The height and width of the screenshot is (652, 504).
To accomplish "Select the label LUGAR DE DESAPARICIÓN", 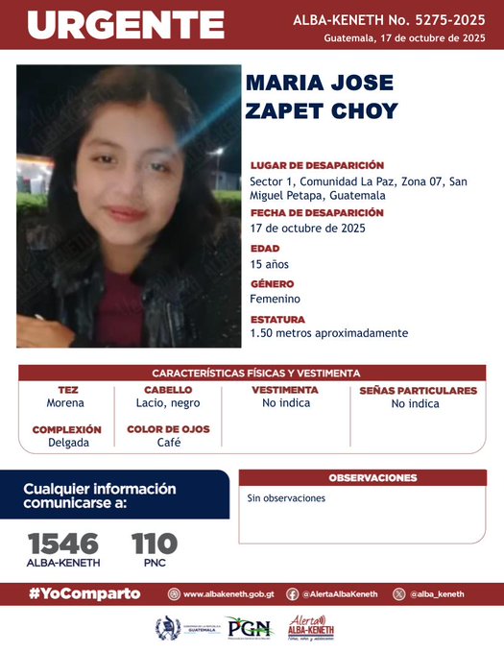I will pyautogui.click(x=317, y=165).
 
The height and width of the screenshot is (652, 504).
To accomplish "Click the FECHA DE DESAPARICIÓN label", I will pyautogui.click(x=317, y=212).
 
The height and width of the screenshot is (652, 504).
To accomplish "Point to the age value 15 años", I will pyautogui.click(x=269, y=264).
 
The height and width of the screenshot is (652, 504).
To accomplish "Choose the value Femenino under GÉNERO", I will pyautogui.click(x=275, y=299).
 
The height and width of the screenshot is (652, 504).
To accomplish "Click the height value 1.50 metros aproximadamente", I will pyautogui.click(x=328, y=333).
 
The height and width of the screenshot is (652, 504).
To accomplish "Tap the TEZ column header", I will pyautogui.click(x=67, y=390).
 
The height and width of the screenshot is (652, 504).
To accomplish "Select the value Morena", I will pyautogui.click(x=66, y=403).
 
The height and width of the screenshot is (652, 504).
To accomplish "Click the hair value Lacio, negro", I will pyautogui.click(x=168, y=403).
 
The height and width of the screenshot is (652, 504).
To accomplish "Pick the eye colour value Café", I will pyautogui.click(x=169, y=443).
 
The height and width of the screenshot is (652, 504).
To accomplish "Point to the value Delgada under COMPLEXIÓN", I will pyautogui.click(x=66, y=443).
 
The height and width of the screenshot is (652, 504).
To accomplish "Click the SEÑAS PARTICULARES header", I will pyautogui.click(x=417, y=390).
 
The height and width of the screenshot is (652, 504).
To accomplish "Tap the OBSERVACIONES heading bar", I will pyautogui.click(x=372, y=477).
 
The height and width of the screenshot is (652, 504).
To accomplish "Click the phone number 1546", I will pyautogui.click(x=63, y=543).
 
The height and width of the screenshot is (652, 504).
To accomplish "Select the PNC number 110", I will pyautogui.click(x=154, y=543).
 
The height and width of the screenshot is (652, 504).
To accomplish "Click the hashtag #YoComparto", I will pyautogui.click(x=84, y=593).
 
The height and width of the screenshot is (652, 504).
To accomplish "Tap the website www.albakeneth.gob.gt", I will pyautogui.click(x=226, y=594).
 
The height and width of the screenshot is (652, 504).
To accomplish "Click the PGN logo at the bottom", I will pyautogui.click(x=250, y=629).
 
